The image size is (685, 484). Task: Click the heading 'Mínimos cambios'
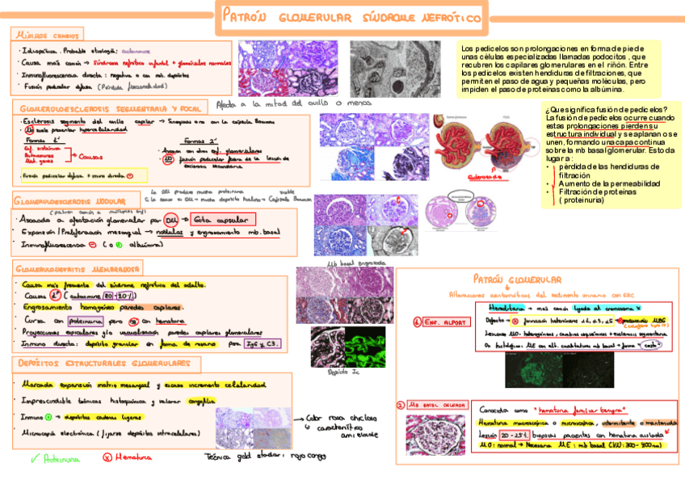pos(45,36)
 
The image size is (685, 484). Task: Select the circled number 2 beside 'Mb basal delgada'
pos(400,405)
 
